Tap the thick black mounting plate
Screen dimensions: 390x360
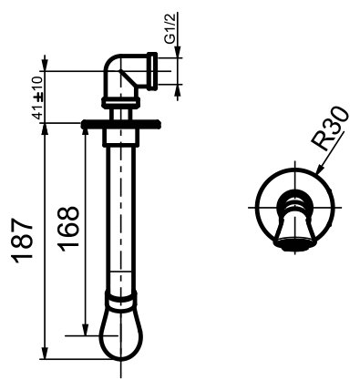(119, 123)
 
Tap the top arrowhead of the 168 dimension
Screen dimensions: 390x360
(86, 129)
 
